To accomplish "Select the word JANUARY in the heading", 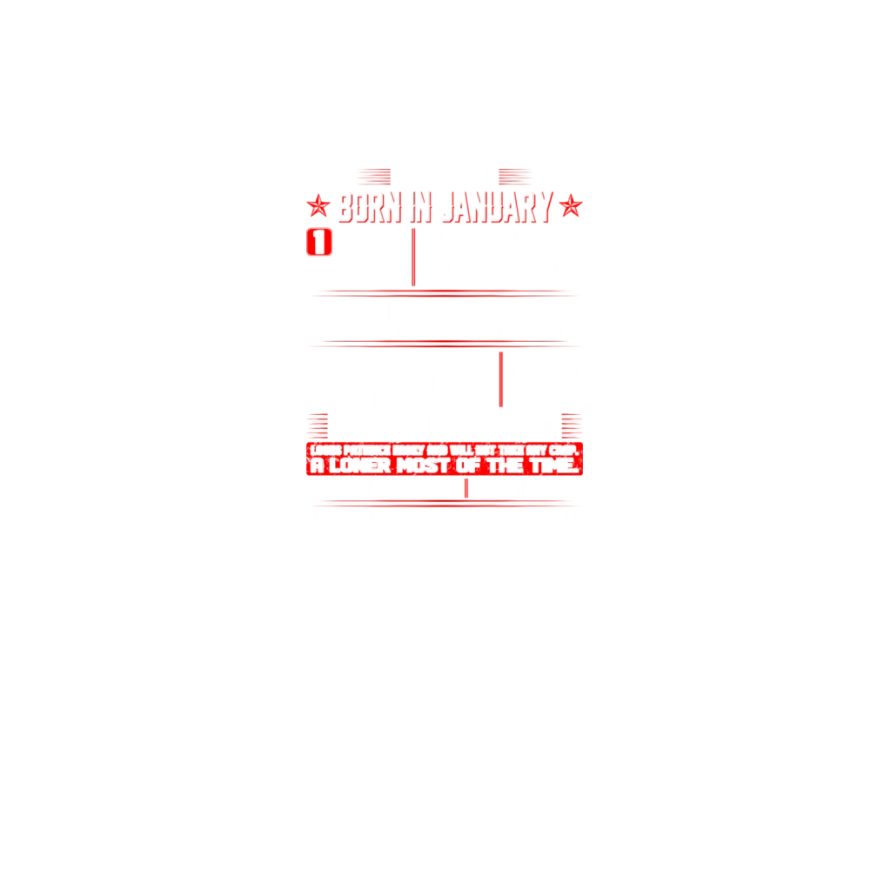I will coord(497,208).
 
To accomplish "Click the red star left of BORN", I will coord(319,207).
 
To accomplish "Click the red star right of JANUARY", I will coord(570,207).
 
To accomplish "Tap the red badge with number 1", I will coord(320,242).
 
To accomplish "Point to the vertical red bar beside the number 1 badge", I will coord(413,258).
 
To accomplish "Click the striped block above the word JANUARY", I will coord(513,177).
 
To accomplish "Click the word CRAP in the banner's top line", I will coord(564,451).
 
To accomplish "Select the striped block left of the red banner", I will coord(318,425).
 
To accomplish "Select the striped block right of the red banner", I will coord(572,425).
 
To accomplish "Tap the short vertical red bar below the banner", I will coord(466,488).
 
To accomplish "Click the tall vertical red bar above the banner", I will coord(501,380).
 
